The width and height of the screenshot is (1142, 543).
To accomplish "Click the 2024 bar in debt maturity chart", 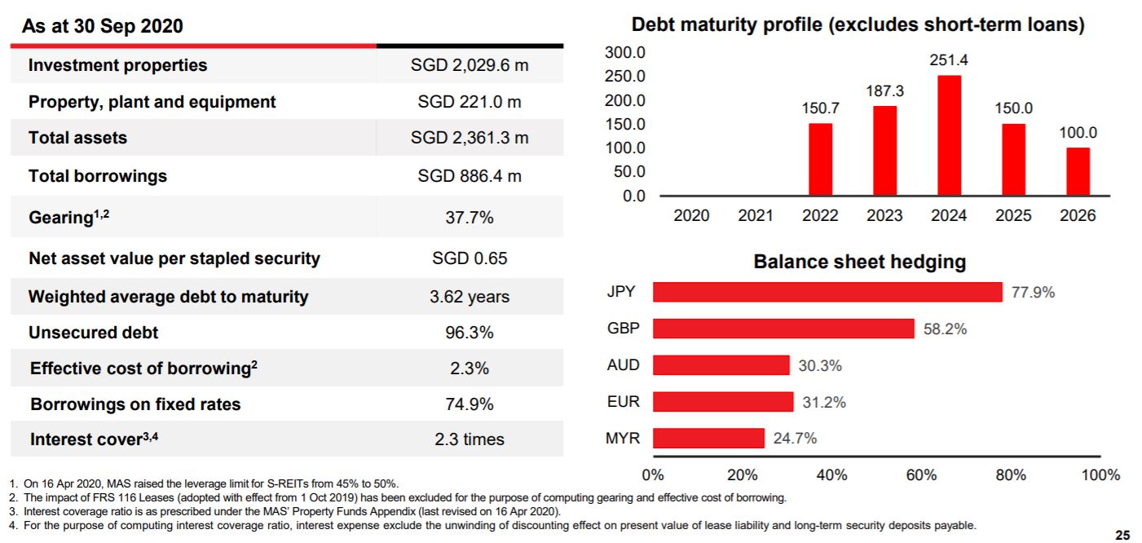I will click(949, 135).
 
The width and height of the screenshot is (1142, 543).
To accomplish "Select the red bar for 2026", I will click(1078, 171).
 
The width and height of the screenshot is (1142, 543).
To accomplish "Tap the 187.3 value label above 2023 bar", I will click(884, 91).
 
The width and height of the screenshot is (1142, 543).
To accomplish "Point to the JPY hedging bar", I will click(827, 292).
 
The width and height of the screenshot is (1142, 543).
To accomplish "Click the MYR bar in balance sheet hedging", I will click(708, 438).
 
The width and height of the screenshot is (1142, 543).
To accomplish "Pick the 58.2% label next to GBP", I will click(945, 329).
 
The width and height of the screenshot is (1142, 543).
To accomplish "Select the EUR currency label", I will click(624, 401).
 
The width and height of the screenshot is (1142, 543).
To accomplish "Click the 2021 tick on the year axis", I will click(756, 215).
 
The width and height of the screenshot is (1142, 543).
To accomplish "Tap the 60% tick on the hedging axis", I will click(921, 475).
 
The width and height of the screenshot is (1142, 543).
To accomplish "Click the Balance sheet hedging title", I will click(859, 262).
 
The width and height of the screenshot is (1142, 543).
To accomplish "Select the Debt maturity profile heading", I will click(858, 25).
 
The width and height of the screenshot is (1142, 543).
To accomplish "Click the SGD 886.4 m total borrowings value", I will click(470, 175).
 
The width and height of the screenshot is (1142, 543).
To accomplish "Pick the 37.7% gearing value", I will click(470, 218).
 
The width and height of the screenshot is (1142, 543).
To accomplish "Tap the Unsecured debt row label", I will click(94, 333).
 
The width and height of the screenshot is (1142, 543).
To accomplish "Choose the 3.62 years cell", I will click(470, 297).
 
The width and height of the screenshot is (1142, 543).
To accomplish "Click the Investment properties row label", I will click(118, 65).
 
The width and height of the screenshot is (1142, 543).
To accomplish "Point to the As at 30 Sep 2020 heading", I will click(103, 26).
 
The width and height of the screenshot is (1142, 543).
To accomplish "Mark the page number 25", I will click(1122, 535).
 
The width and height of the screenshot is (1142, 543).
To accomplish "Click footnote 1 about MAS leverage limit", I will click(204, 484).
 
